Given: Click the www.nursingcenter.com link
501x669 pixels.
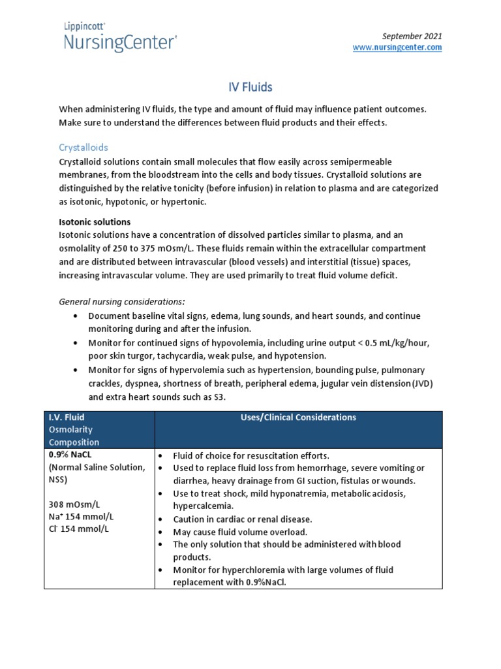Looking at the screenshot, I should (x=397, y=48).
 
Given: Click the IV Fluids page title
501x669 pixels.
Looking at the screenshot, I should (x=250, y=86).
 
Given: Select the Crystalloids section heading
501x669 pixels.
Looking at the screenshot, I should (x=83, y=148).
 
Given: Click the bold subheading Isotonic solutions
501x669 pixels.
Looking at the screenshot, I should (x=95, y=222).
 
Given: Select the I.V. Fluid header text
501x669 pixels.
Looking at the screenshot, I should (x=67, y=417).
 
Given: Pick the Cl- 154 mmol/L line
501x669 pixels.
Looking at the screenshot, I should (x=79, y=529).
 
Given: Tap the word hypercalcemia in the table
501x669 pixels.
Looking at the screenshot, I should (x=202, y=506).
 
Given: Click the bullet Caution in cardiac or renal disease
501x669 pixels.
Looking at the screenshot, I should (x=243, y=519).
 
